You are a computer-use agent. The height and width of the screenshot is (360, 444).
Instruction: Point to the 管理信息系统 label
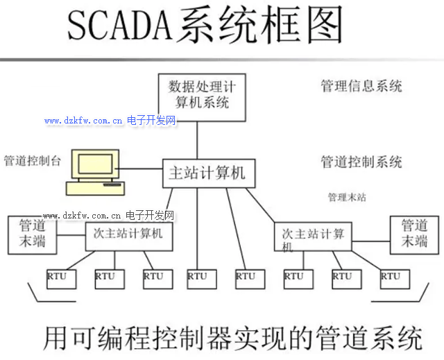pyautogui.click(x=361, y=87)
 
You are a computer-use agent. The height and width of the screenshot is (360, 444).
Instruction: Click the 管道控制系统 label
pyautogui.click(x=361, y=162)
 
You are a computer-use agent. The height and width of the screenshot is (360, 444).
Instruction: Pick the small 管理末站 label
pyautogui.click(x=347, y=198)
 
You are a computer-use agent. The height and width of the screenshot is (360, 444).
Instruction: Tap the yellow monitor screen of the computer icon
pyautogui.click(x=95, y=164)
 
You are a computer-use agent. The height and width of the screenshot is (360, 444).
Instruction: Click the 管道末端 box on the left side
pyautogui.click(x=31, y=234)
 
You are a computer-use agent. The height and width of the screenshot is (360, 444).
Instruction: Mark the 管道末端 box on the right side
pyautogui.click(x=415, y=234)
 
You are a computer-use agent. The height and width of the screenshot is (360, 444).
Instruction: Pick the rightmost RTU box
pyautogui.click(x=391, y=277)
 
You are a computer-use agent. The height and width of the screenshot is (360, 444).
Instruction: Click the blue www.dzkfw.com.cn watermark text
pyautogui.click(x=83, y=121)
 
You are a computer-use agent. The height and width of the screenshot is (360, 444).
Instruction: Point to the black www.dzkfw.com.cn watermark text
pyautogui.click(x=83, y=216)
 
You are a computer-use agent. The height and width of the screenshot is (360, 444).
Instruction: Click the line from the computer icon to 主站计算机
pyautogui.click(x=141, y=171)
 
